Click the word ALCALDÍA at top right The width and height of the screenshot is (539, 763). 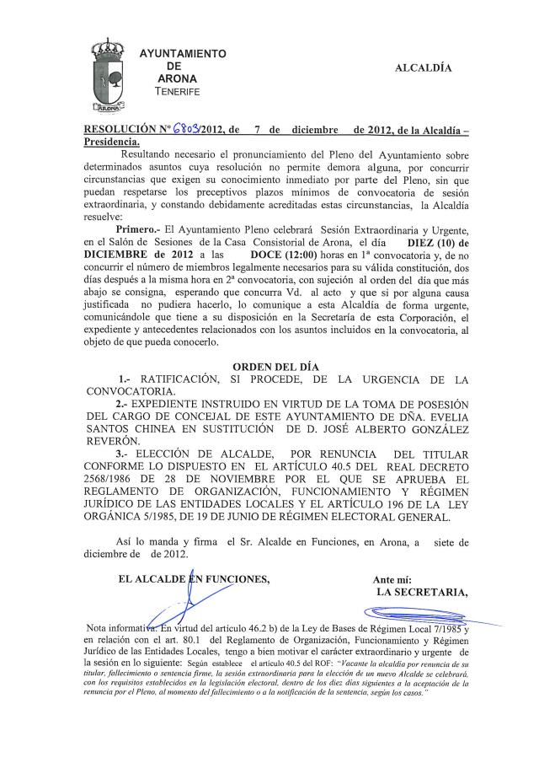(x=424, y=67)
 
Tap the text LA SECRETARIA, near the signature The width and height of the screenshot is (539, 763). (x=422, y=592)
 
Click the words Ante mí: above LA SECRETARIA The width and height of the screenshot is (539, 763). (x=392, y=579)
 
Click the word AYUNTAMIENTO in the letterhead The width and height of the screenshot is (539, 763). (x=183, y=54)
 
